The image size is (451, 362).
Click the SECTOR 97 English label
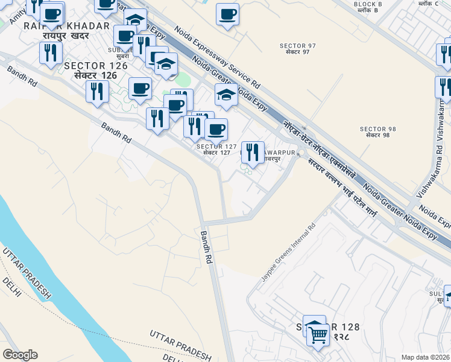[x=295, y=46]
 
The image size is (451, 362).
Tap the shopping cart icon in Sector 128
[x=318, y=335]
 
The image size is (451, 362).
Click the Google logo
[x=20, y=354]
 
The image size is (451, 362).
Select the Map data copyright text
[x=425, y=357]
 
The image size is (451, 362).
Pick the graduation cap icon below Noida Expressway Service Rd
[x=226, y=95]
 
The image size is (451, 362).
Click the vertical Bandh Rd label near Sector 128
[x=207, y=247]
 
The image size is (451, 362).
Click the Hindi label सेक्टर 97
[x=295, y=52]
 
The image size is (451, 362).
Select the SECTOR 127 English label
[x=216, y=147]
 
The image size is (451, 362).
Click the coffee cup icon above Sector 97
[x=228, y=14]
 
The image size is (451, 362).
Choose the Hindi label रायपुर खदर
[x=66, y=36]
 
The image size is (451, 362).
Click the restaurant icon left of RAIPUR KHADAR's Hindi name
[x=51, y=52]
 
